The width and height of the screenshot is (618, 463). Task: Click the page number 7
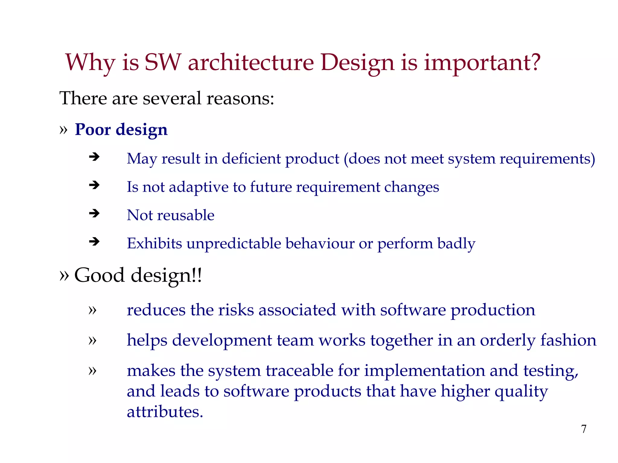(x=584, y=429)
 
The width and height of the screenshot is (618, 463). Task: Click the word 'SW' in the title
(x=163, y=62)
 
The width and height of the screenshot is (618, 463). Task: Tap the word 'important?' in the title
(x=482, y=62)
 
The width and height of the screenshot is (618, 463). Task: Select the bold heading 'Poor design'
(x=121, y=130)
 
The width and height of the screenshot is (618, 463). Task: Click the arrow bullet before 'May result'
(x=94, y=157)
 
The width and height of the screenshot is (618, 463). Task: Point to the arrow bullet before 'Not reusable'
(x=94, y=213)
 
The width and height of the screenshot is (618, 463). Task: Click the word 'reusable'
(x=186, y=215)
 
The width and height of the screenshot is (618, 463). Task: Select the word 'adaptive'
(x=198, y=187)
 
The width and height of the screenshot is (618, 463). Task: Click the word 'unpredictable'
(x=234, y=244)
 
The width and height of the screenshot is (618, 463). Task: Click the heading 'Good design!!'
(x=138, y=275)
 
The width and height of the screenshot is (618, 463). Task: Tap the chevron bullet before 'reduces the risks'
(x=92, y=310)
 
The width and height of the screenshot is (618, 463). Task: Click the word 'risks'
(x=236, y=310)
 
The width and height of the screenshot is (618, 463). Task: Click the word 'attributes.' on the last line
(x=165, y=412)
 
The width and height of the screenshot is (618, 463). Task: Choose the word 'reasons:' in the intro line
(x=240, y=98)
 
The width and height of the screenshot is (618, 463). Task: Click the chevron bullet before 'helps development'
(x=92, y=340)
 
